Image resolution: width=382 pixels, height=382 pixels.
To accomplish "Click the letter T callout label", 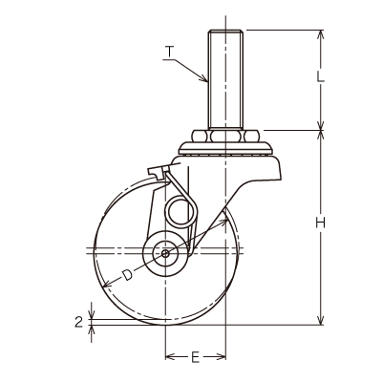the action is point(170,52).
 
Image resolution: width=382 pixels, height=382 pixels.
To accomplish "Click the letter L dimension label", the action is point(320,76).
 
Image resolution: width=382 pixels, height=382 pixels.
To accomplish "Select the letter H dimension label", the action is point(321,223).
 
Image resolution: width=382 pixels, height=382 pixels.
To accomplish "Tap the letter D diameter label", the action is point(127,275).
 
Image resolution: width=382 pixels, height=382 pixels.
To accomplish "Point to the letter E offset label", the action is point(195,357).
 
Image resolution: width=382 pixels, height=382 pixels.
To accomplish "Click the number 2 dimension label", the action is point(78,322).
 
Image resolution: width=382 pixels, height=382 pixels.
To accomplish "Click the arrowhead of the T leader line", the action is point(203,78).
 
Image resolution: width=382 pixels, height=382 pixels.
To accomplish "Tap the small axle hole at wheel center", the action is point(165,254).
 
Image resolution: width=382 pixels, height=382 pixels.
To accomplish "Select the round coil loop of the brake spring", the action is point(180,212).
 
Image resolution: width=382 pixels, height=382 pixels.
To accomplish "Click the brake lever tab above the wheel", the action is point(159,172).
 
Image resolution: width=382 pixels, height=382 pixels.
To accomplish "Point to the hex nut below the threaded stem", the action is point(225,136).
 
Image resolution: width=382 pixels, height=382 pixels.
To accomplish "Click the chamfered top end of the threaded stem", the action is point(226,32).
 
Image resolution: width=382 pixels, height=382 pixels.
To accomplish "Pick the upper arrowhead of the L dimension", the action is point(321,34).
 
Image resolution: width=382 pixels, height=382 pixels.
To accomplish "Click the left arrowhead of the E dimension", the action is point(171,357).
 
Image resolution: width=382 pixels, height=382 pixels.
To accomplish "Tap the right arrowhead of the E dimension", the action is point(221,357).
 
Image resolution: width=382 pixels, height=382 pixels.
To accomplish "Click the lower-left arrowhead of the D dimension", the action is point(108,284).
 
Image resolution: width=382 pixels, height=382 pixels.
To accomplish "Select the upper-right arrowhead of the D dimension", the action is point(223,223).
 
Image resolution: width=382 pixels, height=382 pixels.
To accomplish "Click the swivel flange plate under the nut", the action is point(225,148).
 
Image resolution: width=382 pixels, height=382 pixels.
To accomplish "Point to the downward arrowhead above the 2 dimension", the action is point(92,314).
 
